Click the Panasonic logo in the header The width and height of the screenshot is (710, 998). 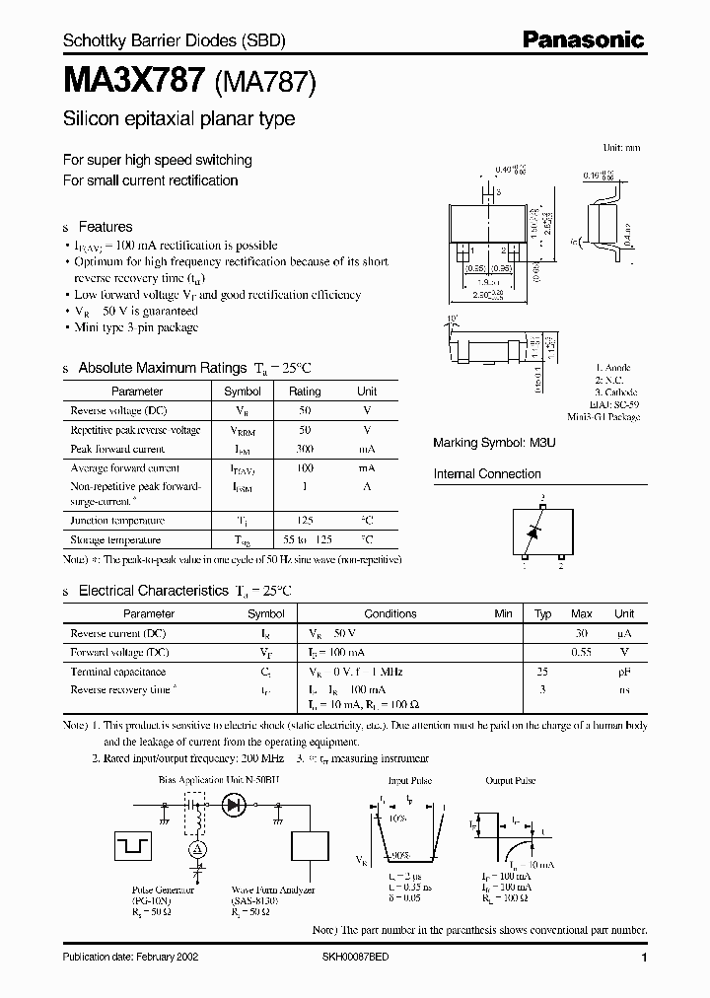(583, 39)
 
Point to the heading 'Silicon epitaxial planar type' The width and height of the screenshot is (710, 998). (178, 120)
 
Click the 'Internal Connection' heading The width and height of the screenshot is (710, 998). (487, 474)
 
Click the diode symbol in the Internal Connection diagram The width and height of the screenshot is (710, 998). (533, 532)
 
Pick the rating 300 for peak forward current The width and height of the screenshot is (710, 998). (305, 449)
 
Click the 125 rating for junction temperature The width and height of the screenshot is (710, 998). (305, 520)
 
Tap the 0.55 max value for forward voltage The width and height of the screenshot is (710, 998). (582, 652)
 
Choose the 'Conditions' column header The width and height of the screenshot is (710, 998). (390, 613)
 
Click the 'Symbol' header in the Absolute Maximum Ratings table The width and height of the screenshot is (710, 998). (243, 392)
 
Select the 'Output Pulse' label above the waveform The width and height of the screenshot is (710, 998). (511, 780)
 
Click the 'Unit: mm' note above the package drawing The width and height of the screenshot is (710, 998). (620, 147)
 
